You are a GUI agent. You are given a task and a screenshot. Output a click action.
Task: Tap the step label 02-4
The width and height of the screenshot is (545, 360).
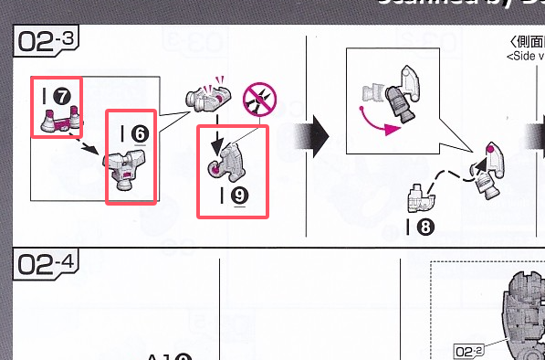coord(45,266)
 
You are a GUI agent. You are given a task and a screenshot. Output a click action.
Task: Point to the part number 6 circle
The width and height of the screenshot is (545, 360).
coord(141,133)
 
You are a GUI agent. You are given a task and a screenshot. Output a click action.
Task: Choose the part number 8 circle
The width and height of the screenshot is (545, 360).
coord(425,227)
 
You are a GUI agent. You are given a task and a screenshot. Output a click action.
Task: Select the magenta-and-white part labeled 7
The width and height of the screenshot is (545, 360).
coord(57,117)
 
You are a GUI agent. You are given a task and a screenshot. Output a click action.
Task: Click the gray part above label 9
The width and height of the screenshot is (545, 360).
coord(233,157)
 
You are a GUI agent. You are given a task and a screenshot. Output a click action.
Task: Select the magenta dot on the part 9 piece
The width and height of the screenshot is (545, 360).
coord(215,168)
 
